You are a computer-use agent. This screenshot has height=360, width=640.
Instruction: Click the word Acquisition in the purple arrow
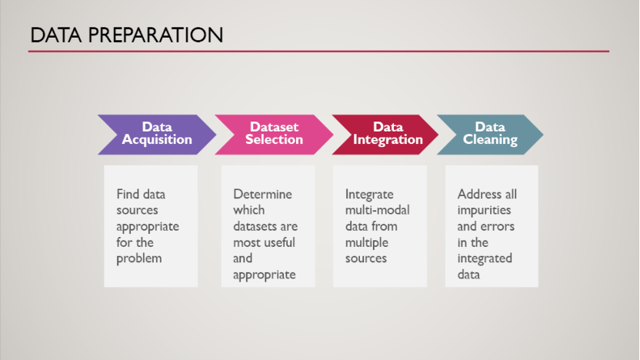point(157,140)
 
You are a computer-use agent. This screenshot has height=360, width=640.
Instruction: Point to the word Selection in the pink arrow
point(274,140)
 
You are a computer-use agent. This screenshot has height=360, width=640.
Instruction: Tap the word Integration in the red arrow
point(388,140)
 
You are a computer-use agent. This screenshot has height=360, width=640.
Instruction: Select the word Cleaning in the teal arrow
point(490,140)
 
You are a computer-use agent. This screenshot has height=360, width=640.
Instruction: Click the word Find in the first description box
point(128,194)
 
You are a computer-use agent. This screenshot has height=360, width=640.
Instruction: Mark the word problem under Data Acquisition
point(139,258)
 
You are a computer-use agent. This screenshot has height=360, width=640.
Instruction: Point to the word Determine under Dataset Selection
point(262,194)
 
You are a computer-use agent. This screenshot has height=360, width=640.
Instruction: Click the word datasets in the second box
point(254,226)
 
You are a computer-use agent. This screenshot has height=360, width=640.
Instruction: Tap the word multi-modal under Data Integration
point(378,210)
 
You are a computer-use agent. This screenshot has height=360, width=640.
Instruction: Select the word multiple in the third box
point(367,242)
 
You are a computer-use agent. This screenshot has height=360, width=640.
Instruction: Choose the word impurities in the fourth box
point(484,210)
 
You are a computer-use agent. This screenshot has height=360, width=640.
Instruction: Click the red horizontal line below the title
point(318,52)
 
